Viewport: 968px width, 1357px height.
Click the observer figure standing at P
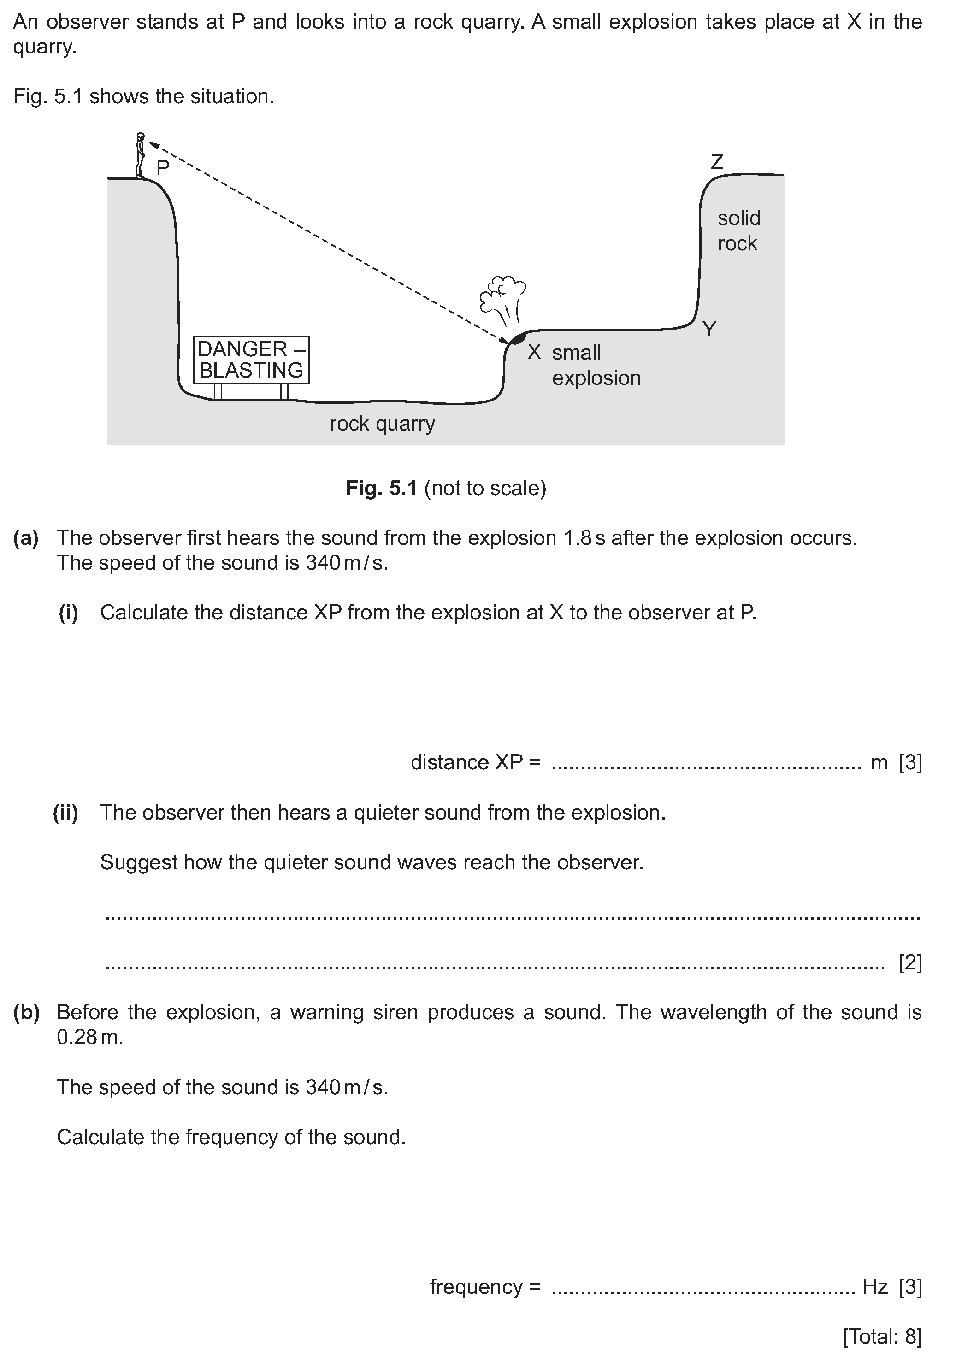(141, 155)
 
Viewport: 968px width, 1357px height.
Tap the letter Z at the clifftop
(717, 162)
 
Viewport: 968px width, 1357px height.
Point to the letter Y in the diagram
(709, 329)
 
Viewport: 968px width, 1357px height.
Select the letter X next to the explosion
(534, 352)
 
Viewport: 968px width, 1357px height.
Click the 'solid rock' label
(738, 230)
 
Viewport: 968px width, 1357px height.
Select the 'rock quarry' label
(382, 424)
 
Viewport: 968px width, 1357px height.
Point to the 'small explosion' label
(596, 366)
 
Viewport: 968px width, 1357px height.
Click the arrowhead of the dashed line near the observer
(153, 144)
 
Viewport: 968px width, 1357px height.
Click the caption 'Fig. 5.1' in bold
(382, 488)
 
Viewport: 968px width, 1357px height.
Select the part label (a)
(26, 538)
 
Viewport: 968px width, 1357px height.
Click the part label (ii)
(65, 813)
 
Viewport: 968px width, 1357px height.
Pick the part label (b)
(26, 1013)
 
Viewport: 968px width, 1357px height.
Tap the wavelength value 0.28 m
(89, 1038)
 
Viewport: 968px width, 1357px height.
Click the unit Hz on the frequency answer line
(875, 1287)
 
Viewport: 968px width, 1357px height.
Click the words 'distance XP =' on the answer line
(476, 763)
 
